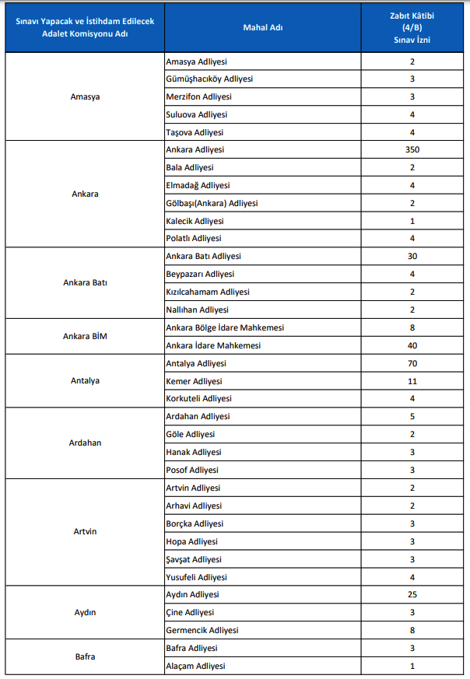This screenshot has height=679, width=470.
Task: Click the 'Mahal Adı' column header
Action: pyautogui.click(x=262, y=28)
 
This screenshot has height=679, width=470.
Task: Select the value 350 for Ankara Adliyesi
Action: pyautogui.click(x=412, y=149)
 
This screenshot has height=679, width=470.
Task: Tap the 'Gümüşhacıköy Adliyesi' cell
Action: pyautogui.click(x=209, y=79)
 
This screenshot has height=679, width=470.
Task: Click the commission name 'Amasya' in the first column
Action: pyautogui.click(x=85, y=96)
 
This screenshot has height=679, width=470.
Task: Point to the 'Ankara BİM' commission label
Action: pyautogui.click(x=85, y=336)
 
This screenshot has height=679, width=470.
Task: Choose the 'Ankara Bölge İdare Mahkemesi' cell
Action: pyautogui.click(x=225, y=327)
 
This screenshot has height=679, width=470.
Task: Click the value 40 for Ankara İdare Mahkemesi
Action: pyautogui.click(x=412, y=345)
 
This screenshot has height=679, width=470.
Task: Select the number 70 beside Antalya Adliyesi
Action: pyautogui.click(x=412, y=363)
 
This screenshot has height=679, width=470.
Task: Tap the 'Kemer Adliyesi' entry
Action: pyautogui.click(x=194, y=381)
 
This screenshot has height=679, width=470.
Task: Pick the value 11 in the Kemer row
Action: pyautogui.click(x=412, y=381)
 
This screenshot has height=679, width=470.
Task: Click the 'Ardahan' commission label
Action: pyautogui.click(x=85, y=443)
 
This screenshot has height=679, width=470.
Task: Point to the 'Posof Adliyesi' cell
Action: pyautogui.click(x=192, y=470)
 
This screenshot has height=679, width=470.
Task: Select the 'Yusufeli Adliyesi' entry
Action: pyautogui.click(x=197, y=577)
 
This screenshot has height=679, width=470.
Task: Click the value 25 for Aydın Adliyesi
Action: pyautogui.click(x=412, y=594)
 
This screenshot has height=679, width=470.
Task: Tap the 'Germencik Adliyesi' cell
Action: pyautogui.click(x=202, y=630)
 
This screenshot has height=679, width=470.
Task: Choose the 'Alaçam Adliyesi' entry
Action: pyautogui.click(x=195, y=666)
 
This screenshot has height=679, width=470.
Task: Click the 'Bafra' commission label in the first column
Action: pyautogui.click(x=85, y=656)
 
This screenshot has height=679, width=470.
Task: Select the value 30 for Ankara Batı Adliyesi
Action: pyautogui.click(x=412, y=256)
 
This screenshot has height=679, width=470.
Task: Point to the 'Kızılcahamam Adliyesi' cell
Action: pyautogui.click(x=208, y=292)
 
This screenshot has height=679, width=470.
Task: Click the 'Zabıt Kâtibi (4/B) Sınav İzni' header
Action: pyautogui.click(x=412, y=28)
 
